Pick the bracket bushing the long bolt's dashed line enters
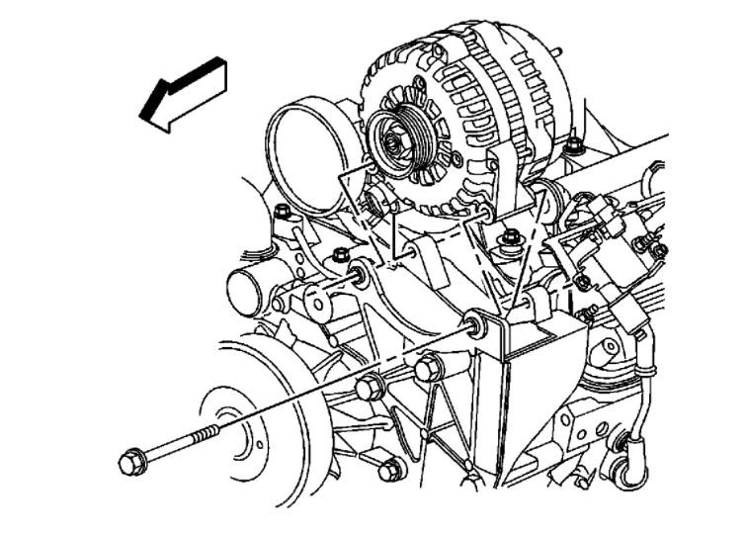pyautogui.click(x=476, y=323)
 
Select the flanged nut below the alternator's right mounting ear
pyautogui.click(x=510, y=238)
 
